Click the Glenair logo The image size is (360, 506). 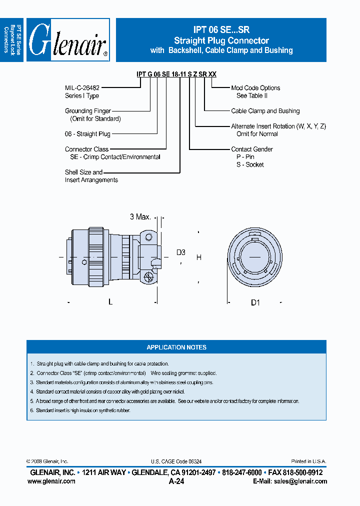(68, 40)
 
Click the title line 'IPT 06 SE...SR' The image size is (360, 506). (221, 30)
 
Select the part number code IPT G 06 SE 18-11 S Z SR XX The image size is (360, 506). (176, 74)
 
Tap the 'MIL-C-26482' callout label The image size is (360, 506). (82, 88)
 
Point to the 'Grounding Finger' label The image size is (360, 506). (88, 111)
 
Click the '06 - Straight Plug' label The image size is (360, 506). (87, 134)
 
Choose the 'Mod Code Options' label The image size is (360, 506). (255, 88)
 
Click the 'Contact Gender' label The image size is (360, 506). (252, 149)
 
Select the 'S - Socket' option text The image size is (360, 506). (250, 164)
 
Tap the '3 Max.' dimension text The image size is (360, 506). (140, 217)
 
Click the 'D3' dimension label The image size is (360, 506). (180, 252)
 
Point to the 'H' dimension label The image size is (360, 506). (198, 257)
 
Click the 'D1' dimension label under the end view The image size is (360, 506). (255, 302)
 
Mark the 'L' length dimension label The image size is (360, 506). (110, 302)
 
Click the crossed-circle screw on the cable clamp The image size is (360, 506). (147, 276)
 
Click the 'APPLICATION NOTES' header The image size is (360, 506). (176, 347)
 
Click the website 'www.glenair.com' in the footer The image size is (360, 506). (51, 481)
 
